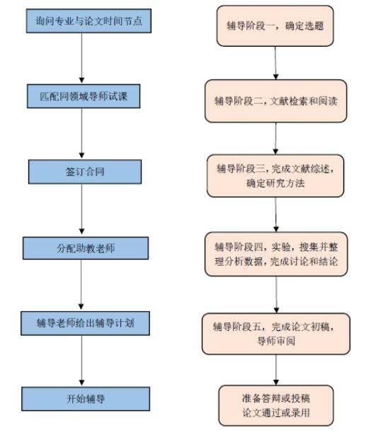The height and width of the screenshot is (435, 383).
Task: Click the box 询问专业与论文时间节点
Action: click(88, 21)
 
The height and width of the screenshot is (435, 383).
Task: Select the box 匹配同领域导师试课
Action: click(86, 94)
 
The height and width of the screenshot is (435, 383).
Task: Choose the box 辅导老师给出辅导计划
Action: click(86, 323)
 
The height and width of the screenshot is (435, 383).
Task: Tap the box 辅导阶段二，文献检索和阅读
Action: click(275, 100)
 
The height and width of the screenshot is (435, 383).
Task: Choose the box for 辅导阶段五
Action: click(275, 333)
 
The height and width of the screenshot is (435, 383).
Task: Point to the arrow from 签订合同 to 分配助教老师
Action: click(84, 210)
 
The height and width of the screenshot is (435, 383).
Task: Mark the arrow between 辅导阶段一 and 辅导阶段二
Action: click(275, 66)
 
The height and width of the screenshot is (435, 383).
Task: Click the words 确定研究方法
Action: click(275, 185)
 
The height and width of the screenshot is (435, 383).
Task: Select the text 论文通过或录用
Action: click(275, 412)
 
